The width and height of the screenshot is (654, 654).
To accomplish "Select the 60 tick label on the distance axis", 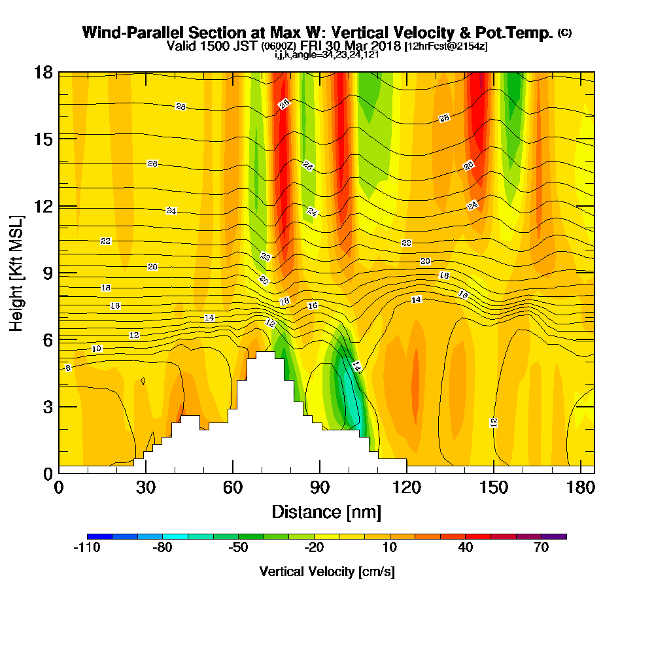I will point(233,488).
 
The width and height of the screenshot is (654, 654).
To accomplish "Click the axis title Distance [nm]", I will point(326,511).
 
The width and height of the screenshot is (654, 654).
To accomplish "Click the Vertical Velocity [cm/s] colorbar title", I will point(326,572).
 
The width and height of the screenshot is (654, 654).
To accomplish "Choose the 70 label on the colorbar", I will point(541,548).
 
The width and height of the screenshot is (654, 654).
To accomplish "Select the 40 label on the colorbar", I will point(465,548).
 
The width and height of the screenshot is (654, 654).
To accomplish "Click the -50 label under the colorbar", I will point(238,548).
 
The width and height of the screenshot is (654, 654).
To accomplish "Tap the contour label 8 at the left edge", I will point(68,368).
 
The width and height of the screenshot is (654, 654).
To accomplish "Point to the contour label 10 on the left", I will point(97,349).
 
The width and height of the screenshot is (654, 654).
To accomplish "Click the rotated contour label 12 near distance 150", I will point(494,422).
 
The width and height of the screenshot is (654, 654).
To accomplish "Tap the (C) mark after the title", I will point(564,33).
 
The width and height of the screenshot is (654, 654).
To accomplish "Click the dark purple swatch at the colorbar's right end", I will point(560,536).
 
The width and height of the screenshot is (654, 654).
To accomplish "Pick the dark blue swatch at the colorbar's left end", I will point(99,536).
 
